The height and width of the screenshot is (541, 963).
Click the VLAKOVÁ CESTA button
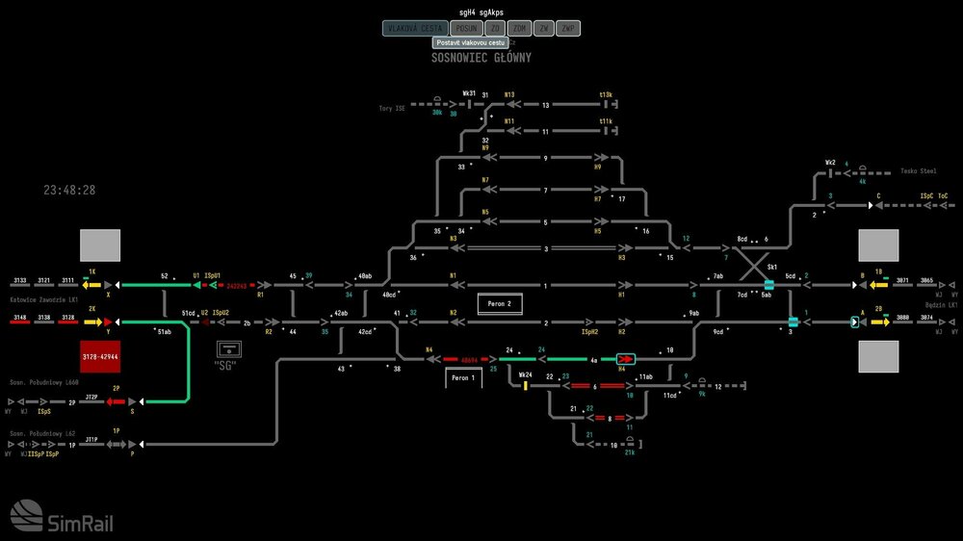[x=415, y=29]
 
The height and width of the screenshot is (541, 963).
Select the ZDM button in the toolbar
[x=520, y=29]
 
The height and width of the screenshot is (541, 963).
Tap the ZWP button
[x=569, y=29]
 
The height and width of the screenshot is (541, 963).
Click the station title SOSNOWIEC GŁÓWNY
[x=481, y=58]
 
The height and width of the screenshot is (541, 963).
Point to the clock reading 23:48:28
[x=69, y=191]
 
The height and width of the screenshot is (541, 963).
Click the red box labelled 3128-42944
[x=100, y=356]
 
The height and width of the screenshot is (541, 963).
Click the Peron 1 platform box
[x=463, y=378]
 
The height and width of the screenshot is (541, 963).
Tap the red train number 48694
[x=470, y=359]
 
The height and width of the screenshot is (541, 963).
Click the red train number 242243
[x=237, y=285]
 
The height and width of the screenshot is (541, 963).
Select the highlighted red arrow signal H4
[x=625, y=359]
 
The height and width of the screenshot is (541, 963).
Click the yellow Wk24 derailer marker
[x=526, y=385]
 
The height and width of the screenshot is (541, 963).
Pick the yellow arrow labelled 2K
[x=92, y=322]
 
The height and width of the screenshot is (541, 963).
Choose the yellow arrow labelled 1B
[x=878, y=285]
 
